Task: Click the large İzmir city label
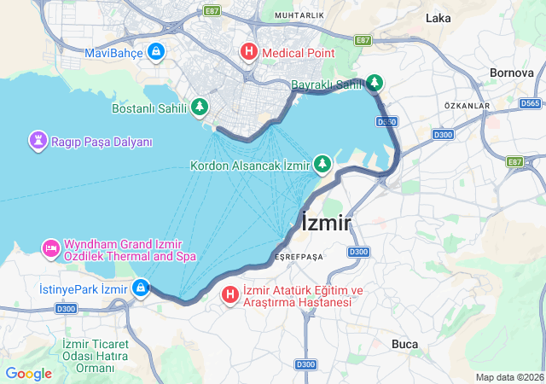pyautogui.click(x=327, y=224)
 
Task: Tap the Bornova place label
pyautogui.click(x=512, y=73)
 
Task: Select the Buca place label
pyautogui.click(x=404, y=344)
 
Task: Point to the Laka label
pyautogui.click(x=438, y=18)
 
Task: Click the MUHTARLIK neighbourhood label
pyautogui.click(x=299, y=15)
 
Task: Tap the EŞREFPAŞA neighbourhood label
pyautogui.click(x=299, y=256)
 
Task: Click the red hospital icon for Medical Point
pyautogui.click(x=249, y=52)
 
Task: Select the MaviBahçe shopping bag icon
pyautogui.click(x=155, y=53)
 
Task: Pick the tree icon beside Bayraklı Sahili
pyautogui.click(x=375, y=84)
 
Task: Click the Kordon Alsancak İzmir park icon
pyautogui.click(x=322, y=162)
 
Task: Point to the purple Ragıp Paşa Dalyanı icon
pyautogui.click(x=38, y=141)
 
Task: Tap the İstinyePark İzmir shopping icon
pyautogui.click(x=140, y=288)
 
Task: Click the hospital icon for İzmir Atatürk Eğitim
pyautogui.click(x=230, y=295)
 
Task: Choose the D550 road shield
pyautogui.click(x=386, y=122)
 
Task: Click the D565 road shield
pyautogui.click(x=529, y=103)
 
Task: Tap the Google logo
pyautogui.click(x=28, y=374)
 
